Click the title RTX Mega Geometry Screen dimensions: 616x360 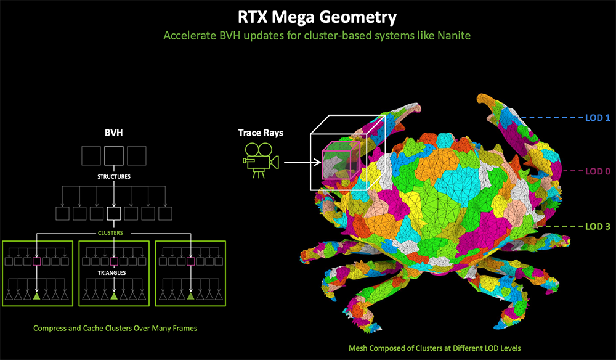pyautogui.click(x=317, y=17)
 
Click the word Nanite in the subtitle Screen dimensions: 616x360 pyautogui.click(x=454, y=35)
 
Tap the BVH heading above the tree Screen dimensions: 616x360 pyautogui.click(x=114, y=133)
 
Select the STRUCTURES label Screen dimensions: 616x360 pyautogui.click(x=114, y=176)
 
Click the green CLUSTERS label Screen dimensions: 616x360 pyautogui.click(x=110, y=232)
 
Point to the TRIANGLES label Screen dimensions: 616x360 pyautogui.click(x=112, y=272)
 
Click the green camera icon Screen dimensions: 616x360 pyautogui.click(x=261, y=160)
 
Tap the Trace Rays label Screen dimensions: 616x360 pyautogui.click(x=261, y=133)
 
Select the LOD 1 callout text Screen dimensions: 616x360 pyautogui.click(x=598, y=118)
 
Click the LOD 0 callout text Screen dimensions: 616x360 pyautogui.click(x=598, y=171)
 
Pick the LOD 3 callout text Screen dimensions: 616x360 pyautogui.click(x=598, y=226)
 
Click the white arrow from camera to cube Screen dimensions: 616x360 pyautogui.click(x=302, y=162)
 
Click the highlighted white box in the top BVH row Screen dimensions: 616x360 pyautogui.click(x=114, y=155)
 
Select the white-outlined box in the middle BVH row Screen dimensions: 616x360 pyautogui.click(x=114, y=213)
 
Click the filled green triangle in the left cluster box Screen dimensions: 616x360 pyautogui.click(x=36, y=296)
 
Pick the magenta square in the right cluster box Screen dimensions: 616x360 pyautogui.click(x=190, y=261)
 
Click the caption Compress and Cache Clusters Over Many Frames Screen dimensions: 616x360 pyautogui.click(x=115, y=328)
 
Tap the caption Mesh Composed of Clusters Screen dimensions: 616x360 pyautogui.click(x=434, y=348)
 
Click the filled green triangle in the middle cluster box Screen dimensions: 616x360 pyautogui.click(x=114, y=296)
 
